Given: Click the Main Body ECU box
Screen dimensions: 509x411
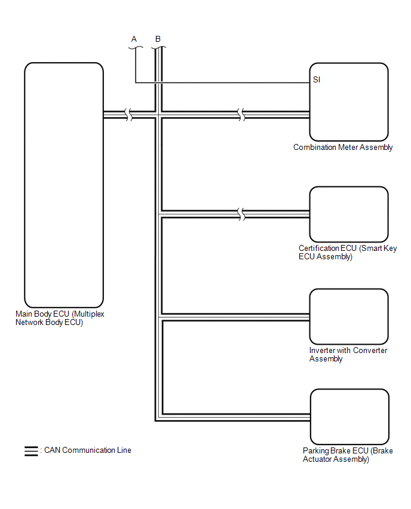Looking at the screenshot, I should tap(64, 185).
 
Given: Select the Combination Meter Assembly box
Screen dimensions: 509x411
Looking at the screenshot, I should tap(349, 102).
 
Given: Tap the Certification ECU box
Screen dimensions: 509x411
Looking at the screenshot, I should tap(349, 214).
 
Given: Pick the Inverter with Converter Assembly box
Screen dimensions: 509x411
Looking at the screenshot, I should tap(349, 317).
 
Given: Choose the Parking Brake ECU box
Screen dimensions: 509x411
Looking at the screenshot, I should tap(349, 416).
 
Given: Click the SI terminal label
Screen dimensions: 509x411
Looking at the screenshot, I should tap(317, 79).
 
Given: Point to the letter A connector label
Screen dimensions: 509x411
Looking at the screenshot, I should tap(134, 39).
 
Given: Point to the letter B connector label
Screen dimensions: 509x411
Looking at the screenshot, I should tap(158, 39).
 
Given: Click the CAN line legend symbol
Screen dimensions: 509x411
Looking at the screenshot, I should tap(31, 451).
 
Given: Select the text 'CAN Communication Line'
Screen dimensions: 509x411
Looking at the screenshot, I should tap(88, 450).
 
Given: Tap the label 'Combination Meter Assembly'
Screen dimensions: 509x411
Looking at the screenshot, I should tap(343, 148).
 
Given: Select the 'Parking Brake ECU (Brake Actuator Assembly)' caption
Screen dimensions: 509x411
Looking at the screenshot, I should tap(348, 455).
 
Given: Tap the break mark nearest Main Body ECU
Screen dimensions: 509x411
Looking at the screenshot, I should tap(128, 115).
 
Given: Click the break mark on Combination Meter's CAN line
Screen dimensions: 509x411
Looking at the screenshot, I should tap(241, 115).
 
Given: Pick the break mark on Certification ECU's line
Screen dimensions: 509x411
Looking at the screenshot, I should tap(241, 214).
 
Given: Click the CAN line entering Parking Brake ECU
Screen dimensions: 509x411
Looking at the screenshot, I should tap(239, 416).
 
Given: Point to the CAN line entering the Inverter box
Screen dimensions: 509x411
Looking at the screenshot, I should tap(239, 317).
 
